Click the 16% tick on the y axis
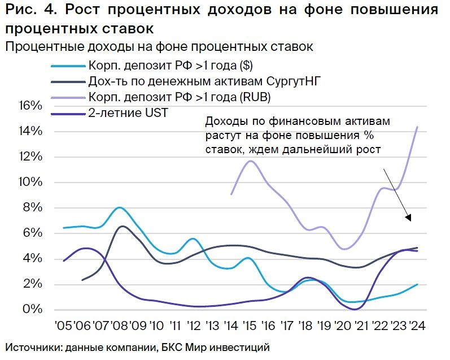click(31, 106)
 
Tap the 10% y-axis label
click(31, 182)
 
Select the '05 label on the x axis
click(65, 326)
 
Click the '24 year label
click(417, 326)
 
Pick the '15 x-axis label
click(250, 326)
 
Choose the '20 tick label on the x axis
click(342, 326)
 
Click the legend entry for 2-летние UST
click(128, 112)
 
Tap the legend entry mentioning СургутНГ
click(204, 81)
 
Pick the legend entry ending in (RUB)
click(179, 97)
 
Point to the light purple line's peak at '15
click(251, 161)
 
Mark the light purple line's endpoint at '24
click(417, 127)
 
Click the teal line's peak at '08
click(119, 207)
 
